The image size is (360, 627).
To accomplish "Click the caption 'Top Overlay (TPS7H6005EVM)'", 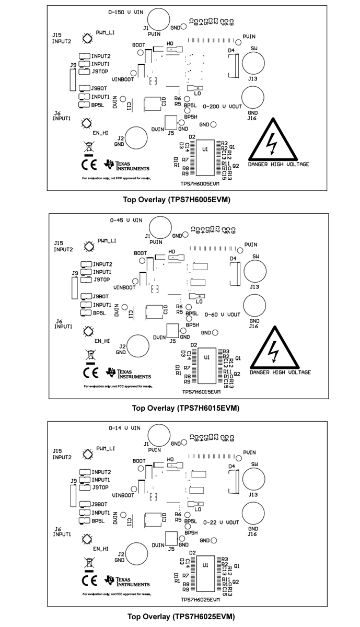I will coord(177,199).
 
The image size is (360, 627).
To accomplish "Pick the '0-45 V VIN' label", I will coord(125,220).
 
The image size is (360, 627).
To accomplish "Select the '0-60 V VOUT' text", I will coord(223,315).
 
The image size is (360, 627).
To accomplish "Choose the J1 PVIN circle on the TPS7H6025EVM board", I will coord(159,435).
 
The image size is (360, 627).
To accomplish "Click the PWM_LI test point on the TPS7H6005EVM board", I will coord(87,38).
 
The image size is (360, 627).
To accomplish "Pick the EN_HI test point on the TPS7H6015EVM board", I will coord(88,331).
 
